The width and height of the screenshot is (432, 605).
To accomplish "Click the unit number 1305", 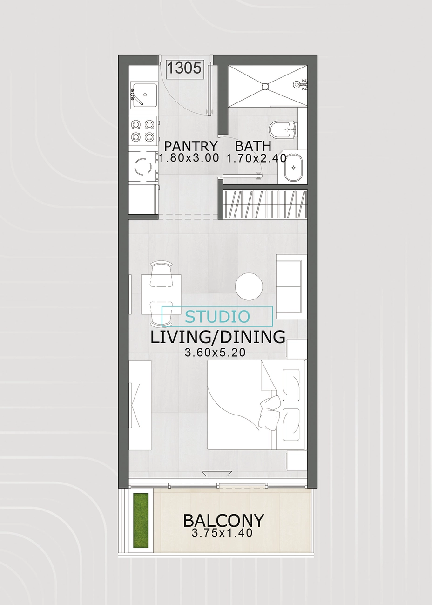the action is point(184,68).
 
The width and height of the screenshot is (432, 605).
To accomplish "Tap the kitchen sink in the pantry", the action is point(143,95).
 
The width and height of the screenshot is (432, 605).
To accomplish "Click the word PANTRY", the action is point(191,146).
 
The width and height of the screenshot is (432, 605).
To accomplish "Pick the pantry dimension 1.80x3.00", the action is point(189,158).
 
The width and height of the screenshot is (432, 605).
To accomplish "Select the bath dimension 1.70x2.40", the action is point(256,158).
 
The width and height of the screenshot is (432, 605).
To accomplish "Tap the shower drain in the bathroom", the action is point(265,86).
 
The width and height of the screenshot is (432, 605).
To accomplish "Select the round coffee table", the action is point(249,286).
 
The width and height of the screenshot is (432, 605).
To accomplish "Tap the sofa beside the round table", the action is point(291,286).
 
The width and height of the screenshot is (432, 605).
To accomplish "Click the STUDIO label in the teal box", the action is point(217,317).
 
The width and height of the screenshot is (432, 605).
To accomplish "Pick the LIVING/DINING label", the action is point(217,337).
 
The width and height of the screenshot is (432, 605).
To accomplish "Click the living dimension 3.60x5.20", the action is point(215,353).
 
